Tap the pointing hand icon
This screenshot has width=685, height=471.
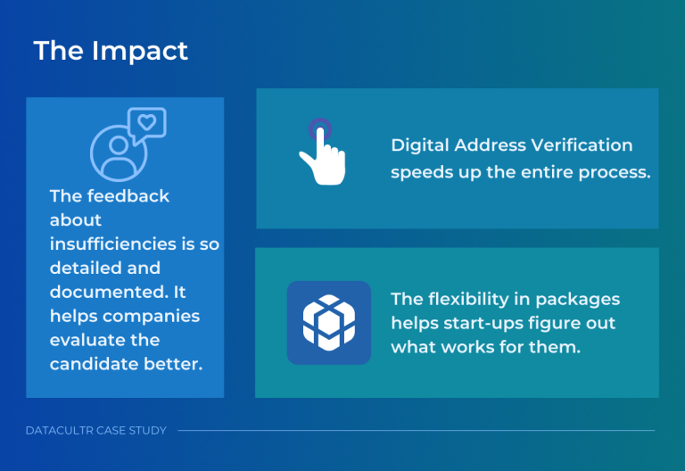click(320, 154)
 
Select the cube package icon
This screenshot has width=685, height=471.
click(328, 323)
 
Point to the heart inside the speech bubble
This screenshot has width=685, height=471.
click(147, 122)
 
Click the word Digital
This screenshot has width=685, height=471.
click(419, 145)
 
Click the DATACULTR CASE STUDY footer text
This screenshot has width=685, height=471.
click(96, 431)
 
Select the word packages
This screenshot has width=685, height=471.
click(582, 299)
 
